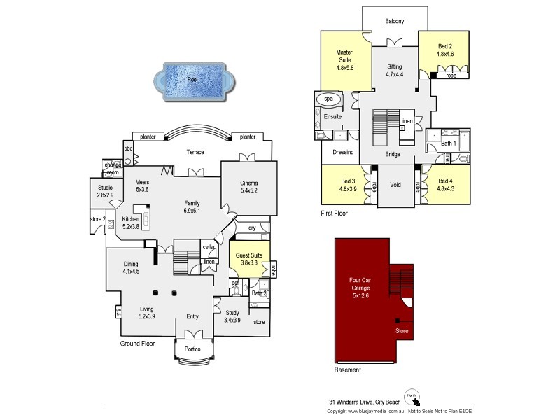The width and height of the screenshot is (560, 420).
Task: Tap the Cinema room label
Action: click(x=250, y=182)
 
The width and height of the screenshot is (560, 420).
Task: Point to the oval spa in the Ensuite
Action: click(x=328, y=100)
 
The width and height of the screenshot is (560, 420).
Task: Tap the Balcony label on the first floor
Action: click(x=394, y=22)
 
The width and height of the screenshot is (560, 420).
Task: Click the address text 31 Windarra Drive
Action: click(x=362, y=402)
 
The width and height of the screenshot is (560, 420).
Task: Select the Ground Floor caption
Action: click(x=137, y=344)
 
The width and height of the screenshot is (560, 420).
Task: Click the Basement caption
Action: click(x=348, y=370)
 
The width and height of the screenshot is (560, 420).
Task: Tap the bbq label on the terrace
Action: click(x=129, y=148)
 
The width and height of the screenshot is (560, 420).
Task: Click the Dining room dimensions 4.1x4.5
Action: click(x=131, y=271)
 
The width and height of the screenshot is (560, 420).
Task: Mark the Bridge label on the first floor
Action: click(x=393, y=153)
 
